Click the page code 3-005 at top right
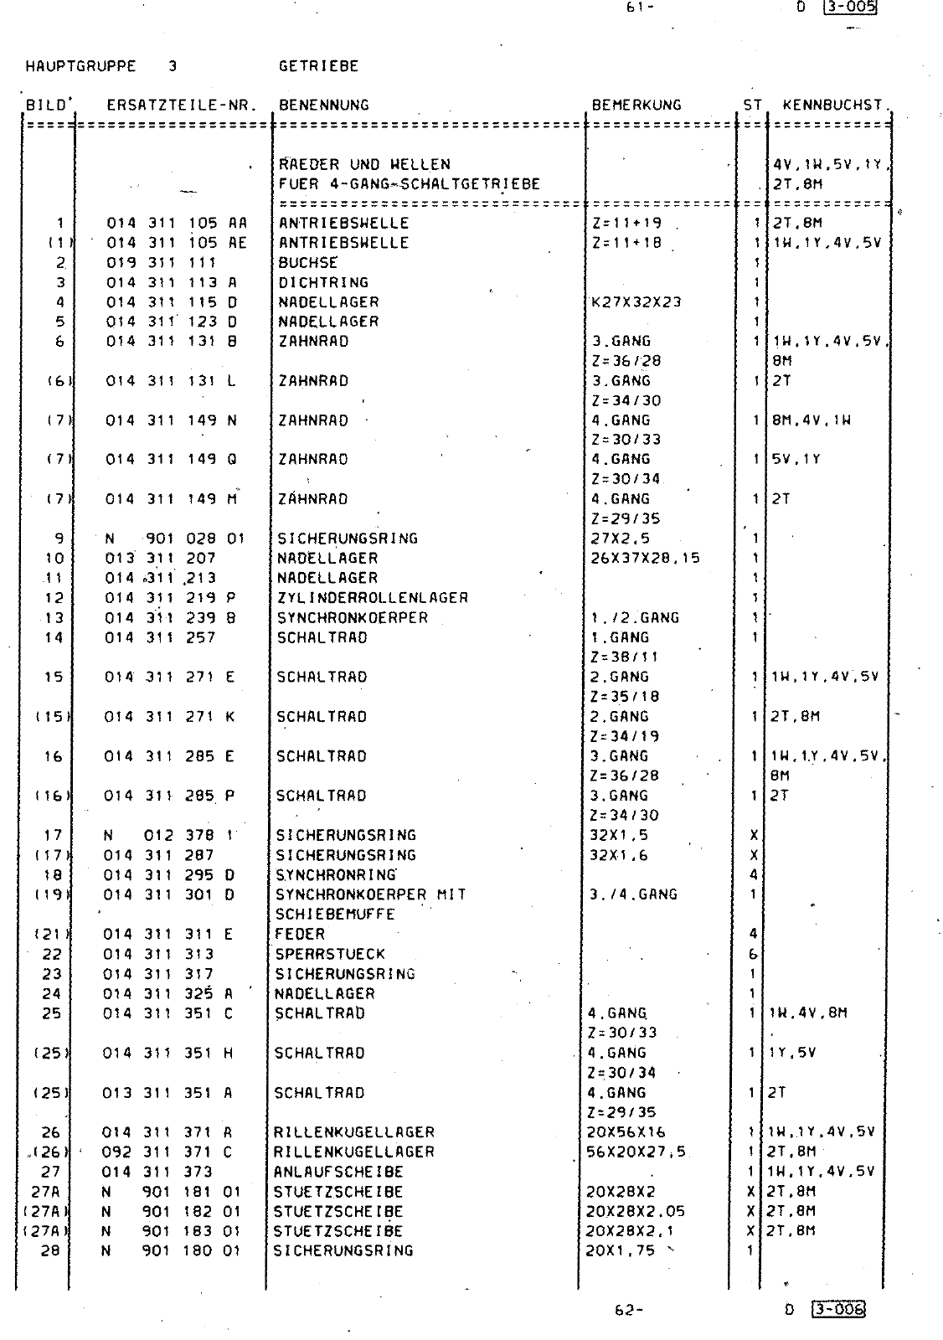850,8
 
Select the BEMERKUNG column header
636,106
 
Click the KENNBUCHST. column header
832,106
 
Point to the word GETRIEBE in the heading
318,66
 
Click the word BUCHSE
307,263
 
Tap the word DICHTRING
323,283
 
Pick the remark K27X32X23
636,302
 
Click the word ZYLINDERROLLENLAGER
373,598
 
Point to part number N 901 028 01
174,539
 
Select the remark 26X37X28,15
646,559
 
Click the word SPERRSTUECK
330,954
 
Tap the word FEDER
299,934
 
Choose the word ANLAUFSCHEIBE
338,1172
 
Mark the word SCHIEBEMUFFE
335,915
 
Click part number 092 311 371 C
167,1152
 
